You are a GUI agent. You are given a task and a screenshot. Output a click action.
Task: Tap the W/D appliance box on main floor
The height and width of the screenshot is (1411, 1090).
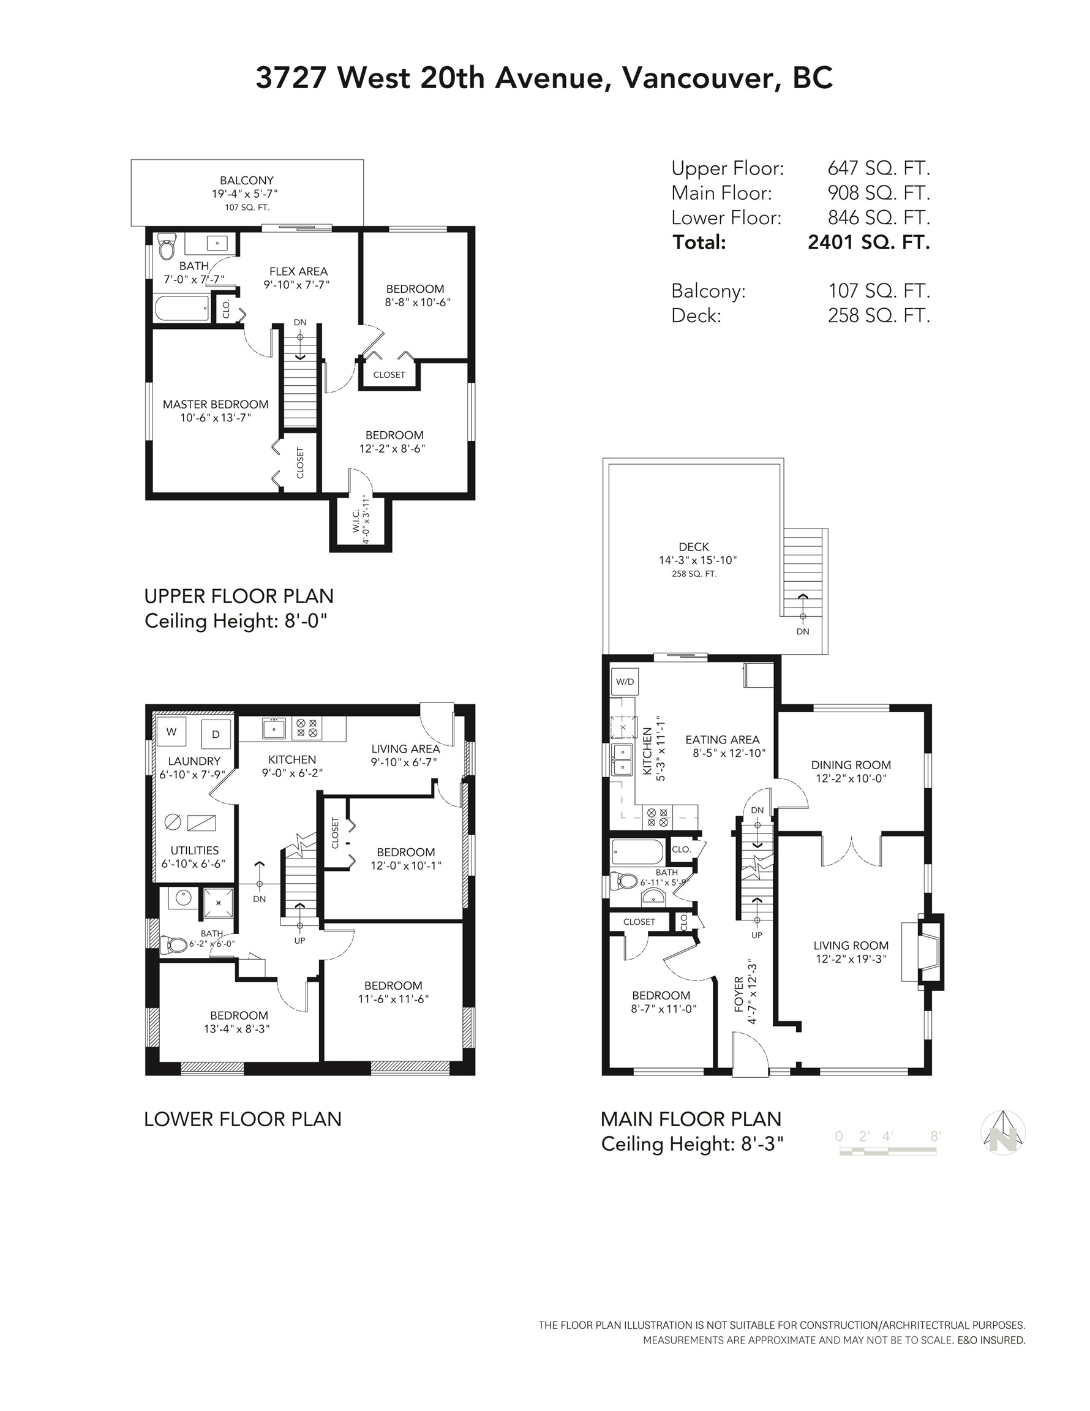click(625, 682)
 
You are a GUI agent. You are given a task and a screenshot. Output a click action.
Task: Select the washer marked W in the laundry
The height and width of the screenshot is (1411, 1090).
click(171, 731)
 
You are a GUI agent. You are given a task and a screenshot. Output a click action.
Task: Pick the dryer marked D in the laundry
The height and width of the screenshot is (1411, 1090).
click(216, 734)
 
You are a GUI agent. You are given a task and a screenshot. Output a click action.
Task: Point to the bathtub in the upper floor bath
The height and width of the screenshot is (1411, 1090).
click(183, 308)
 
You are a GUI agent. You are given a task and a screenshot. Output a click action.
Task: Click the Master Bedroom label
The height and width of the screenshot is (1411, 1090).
click(215, 404)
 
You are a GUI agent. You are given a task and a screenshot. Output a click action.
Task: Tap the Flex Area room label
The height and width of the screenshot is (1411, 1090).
click(298, 271)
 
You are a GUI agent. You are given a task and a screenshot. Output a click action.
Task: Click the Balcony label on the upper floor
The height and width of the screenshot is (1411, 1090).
click(247, 180)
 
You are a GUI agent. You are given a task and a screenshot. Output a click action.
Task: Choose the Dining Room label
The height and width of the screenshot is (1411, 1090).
click(851, 765)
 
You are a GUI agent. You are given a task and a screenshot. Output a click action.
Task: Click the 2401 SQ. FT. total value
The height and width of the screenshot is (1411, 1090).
click(869, 243)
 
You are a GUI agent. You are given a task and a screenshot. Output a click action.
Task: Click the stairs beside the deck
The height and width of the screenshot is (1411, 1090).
click(805, 573)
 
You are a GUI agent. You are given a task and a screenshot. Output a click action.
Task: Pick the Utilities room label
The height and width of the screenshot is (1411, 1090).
click(195, 850)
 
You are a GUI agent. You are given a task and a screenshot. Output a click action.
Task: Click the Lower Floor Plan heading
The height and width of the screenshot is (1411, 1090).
click(242, 1119)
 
